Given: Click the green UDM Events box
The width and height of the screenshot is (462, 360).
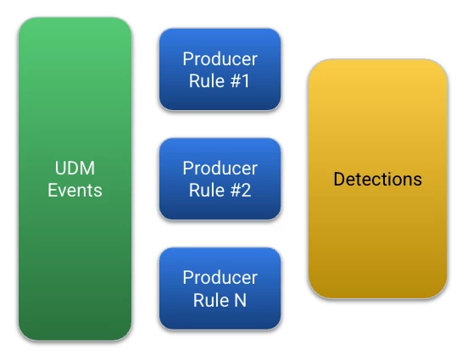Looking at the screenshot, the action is [x=75, y=179].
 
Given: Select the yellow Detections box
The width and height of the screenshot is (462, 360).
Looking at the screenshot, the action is [x=378, y=179].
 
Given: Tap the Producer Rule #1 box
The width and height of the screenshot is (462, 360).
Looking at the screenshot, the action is [x=220, y=69].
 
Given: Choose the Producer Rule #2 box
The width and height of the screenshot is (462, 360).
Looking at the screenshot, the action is [x=220, y=179].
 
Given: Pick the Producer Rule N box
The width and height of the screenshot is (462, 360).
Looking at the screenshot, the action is [x=220, y=289].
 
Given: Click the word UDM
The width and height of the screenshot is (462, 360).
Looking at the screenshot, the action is [x=75, y=168].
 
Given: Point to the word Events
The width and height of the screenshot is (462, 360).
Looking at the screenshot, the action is [x=75, y=190].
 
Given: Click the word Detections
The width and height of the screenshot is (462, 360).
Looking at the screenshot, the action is [x=378, y=179].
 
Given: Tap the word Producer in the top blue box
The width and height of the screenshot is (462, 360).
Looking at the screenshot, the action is [x=220, y=59].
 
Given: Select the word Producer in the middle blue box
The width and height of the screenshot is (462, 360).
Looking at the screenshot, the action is [x=220, y=168].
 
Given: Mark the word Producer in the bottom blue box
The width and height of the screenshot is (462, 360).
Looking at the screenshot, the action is [x=220, y=278].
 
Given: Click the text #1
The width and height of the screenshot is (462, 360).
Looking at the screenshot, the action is [x=240, y=81].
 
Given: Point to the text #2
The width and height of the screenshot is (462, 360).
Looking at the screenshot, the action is [x=241, y=190].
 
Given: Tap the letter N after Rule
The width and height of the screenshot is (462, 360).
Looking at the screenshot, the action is [x=240, y=300].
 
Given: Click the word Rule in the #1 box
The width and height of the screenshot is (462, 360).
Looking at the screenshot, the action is [x=207, y=81].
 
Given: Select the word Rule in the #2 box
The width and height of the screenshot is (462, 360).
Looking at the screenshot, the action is [x=207, y=190].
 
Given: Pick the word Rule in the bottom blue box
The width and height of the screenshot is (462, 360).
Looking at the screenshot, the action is [x=211, y=300].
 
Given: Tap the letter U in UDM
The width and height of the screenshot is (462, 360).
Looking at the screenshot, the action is [x=60, y=168].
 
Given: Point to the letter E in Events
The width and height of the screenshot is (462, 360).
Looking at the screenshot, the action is [x=53, y=190].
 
